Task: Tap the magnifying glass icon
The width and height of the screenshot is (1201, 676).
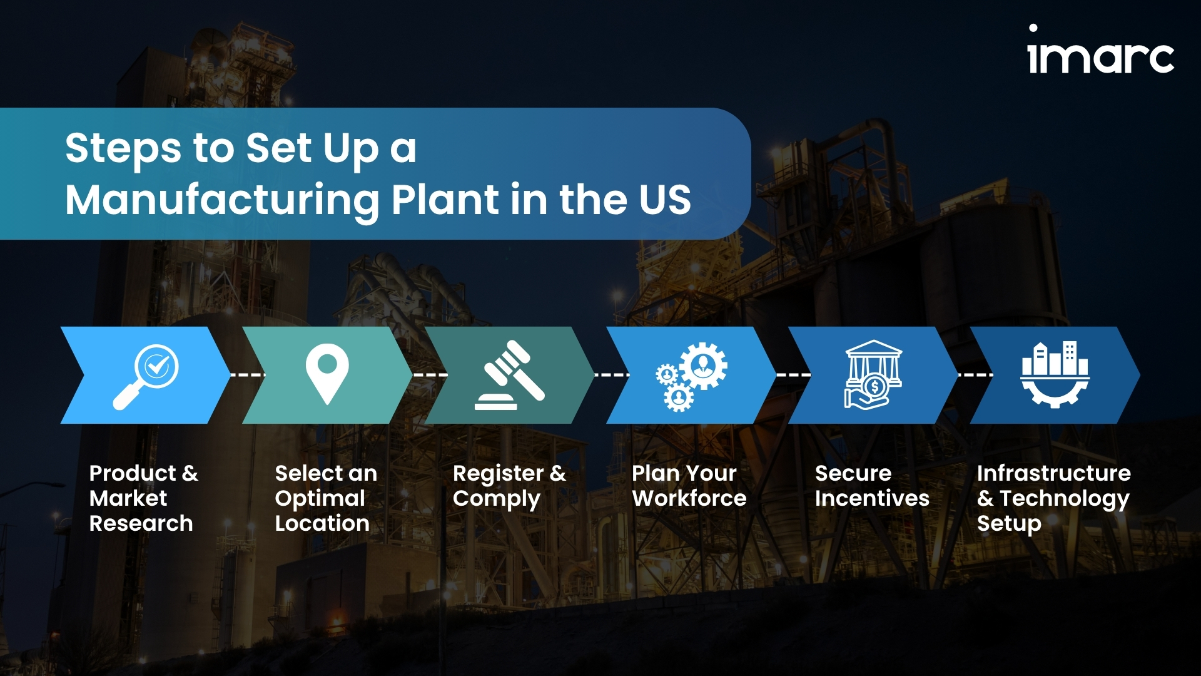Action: pos(146,377)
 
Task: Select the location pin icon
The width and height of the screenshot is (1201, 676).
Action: pos(327,374)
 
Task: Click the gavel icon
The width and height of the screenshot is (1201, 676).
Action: pos(509,375)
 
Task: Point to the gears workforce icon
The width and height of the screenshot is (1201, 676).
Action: pos(691,377)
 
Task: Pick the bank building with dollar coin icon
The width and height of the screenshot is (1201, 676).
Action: pos(873,374)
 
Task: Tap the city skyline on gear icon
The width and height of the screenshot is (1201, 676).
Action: pos(1055,374)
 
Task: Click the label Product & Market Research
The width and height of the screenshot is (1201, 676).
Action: pos(143,498)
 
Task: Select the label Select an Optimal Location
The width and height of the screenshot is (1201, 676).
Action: pos(326,498)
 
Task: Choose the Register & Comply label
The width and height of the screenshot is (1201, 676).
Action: pos(509,486)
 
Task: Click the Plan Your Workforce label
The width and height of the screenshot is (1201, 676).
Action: pos(689,486)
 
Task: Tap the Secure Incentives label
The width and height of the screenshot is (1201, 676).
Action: pos(872,486)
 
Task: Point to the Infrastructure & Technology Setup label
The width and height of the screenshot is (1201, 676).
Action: pos(1054,498)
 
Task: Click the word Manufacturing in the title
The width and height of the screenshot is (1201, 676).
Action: pos(221,200)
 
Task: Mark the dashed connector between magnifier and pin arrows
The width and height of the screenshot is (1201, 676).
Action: pos(248,375)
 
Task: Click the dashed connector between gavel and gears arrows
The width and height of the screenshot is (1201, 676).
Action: pos(612,375)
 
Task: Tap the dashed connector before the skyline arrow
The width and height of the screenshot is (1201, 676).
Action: pos(975,375)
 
